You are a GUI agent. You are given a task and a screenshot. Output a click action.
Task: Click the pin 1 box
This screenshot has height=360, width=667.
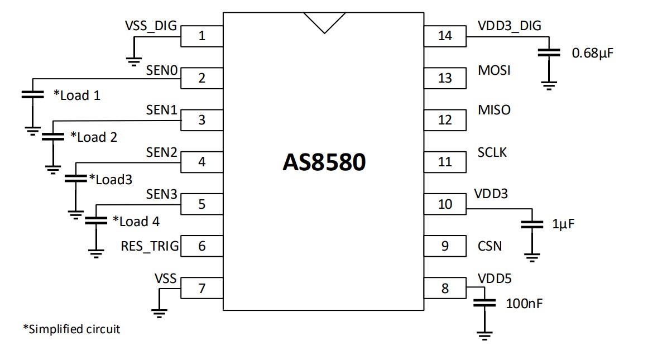[x=202, y=36]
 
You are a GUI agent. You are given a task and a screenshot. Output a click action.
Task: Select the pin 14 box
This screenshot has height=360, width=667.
[x=445, y=36]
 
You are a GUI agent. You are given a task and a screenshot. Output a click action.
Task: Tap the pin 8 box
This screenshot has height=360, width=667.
[x=445, y=289]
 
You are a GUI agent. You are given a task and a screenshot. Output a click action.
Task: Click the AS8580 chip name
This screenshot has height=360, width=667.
[x=324, y=162]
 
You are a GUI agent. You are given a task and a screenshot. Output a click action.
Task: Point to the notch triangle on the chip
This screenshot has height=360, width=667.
[x=324, y=21]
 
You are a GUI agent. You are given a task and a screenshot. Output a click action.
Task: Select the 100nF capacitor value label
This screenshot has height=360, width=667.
[x=524, y=304]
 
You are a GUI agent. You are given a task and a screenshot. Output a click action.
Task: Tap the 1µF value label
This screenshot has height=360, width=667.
[x=563, y=224]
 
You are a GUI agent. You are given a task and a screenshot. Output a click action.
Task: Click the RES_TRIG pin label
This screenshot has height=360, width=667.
[x=150, y=246]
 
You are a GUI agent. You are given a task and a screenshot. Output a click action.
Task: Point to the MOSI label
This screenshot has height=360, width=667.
[x=494, y=71]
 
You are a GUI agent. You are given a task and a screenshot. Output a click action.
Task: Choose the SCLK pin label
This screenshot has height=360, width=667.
[x=492, y=152]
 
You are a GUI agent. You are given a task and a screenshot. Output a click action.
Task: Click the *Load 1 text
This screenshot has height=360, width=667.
[x=77, y=95]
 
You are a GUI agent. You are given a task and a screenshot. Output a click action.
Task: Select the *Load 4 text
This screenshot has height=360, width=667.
[x=136, y=222]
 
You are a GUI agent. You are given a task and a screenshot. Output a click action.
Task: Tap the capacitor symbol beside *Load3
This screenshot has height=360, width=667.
[x=75, y=179]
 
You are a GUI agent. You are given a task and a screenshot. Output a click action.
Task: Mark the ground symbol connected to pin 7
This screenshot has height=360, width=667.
[x=159, y=313]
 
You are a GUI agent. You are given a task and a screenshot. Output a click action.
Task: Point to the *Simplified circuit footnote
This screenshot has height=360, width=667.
[x=71, y=329]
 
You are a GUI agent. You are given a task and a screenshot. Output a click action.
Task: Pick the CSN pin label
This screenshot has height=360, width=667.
[x=490, y=246]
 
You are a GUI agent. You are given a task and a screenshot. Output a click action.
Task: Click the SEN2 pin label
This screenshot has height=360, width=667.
[x=161, y=152]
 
